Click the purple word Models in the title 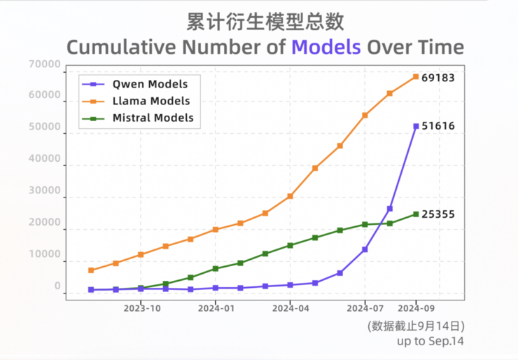[326, 47]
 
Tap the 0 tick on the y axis [57, 286]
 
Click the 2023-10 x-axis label [141, 307]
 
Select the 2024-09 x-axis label [416, 307]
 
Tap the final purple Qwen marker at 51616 [416, 126]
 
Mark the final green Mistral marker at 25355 [416, 214]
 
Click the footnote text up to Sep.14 [430, 341]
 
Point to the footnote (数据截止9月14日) [415, 326]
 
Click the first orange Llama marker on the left [91, 270]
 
